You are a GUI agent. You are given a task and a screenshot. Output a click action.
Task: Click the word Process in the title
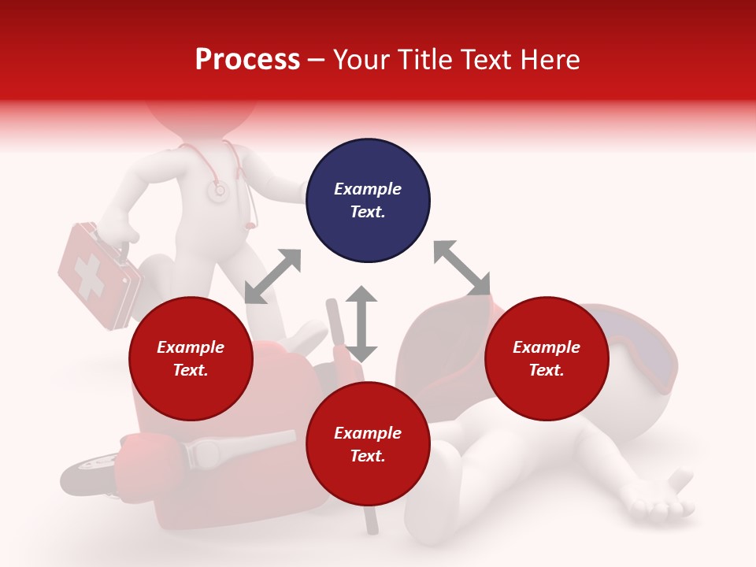(247, 60)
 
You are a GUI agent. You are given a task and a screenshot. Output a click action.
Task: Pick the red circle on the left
(191, 358)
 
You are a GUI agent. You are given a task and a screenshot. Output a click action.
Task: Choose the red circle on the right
(547, 358)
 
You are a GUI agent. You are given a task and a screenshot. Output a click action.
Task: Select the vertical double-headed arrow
(361, 324)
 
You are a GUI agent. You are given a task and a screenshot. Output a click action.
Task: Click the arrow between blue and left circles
(272, 276)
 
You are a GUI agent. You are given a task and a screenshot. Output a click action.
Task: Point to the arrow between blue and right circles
(462, 269)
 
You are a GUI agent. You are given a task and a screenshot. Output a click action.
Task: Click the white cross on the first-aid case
(89, 277)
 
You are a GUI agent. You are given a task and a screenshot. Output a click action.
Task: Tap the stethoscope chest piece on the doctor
(217, 190)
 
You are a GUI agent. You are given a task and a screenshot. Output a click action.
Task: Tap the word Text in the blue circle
(367, 212)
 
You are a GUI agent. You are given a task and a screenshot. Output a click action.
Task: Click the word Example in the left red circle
(191, 347)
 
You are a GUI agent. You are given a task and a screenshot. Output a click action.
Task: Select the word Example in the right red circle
(547, 347)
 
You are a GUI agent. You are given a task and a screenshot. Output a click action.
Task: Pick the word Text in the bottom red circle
(367, 456)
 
